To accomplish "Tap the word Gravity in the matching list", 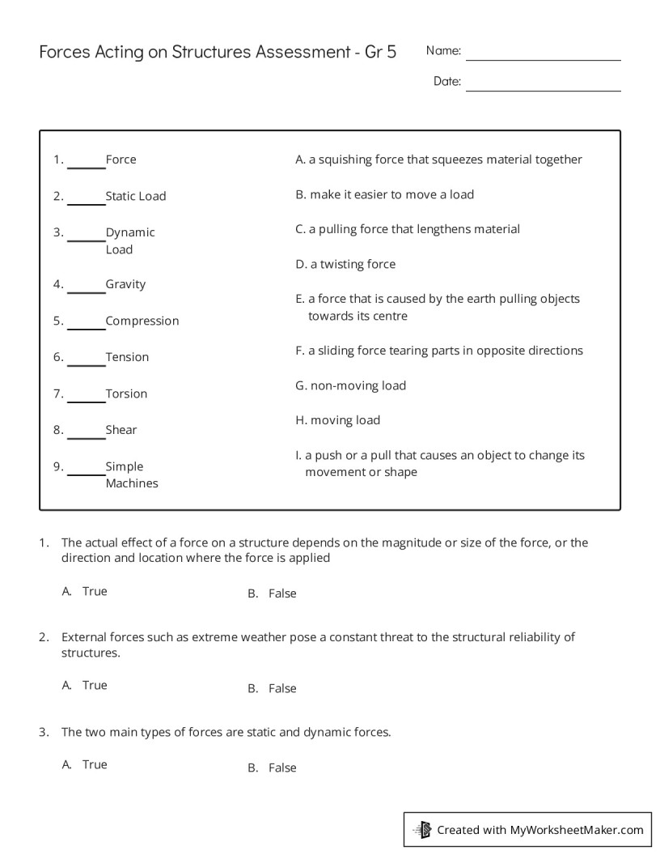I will pyautogui.click(x=125, y=284).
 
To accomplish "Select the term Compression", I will pyautogui.click(x=142, y=321).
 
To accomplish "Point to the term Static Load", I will pyautogui.click(x=135, y=196).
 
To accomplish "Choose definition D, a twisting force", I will pyautogui.click(x=345, y=264).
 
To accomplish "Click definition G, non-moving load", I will pyautogui.click(x=350, y=385).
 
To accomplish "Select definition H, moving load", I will pyautogui.click(x=337, y=420).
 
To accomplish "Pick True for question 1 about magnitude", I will pyautogui.click(x=94, y=591).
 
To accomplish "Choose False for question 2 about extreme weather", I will pyautogui.click(x=282, y=688).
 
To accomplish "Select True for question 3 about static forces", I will pyautogui.click(x=94, y=764).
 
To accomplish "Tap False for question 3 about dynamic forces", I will pyautogui.click(x=282, y=768).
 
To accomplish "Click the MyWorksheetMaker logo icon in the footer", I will pyautogui.click(x=422, y=829).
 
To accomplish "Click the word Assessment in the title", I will pyautogui.click(x=302, y=53).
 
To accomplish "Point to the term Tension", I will pyautogui.click(x=127, y=357).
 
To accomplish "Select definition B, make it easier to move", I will pyautogui.click(x=384, y=194).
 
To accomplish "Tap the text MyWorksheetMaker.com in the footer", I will pyautogui.click(x=577, y=829).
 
